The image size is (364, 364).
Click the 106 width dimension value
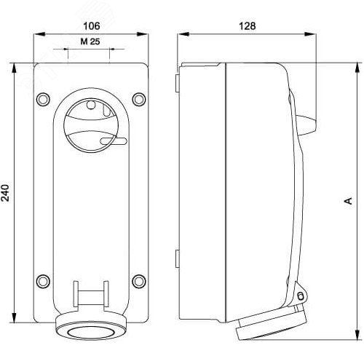pyautogui.click(x=90, y=25)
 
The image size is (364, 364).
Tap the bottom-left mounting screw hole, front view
pyautogui.click(x=43, y=280)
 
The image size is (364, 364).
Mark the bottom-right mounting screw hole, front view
pyautogui.click(x=138, y=280)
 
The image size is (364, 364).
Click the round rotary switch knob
pyautogui.click(x=91, y=124)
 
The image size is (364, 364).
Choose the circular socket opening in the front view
pyautogui.click(x=91, y=332)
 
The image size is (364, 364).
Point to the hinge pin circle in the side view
pyautogui.click(x=300, y=296)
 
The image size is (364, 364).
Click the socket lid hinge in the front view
pyautogui.click(x=91, y=294)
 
